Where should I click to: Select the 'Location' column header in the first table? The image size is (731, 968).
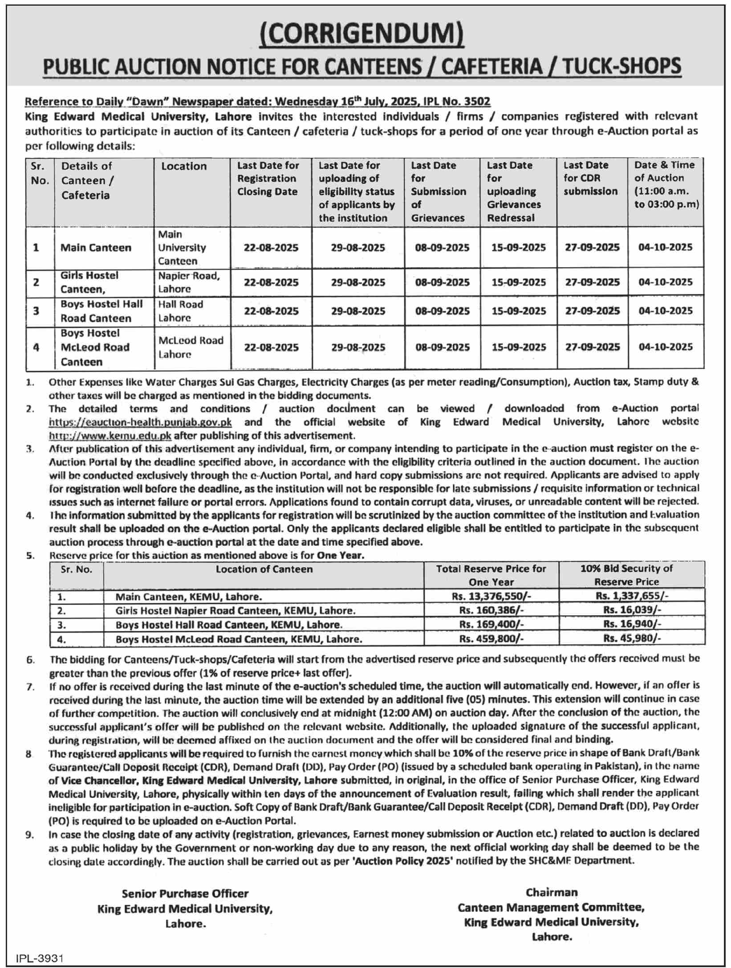pyautogui.click(x=184, y=166)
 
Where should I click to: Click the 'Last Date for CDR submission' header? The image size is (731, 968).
pyautogui.click(x=590, y=178)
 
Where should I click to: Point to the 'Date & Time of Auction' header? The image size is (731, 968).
pyautogui.click(x=666, y=184)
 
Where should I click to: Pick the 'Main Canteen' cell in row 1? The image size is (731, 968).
pyautogui.click(x=96, y=248)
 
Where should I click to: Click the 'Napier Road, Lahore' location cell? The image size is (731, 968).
pyautogui.click(x=189, y=282)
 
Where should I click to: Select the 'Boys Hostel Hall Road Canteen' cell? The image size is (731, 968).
pyautogui.click(x=102, y=311)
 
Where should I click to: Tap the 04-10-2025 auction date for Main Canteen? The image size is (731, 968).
pyautogui.click(x=666, y=248)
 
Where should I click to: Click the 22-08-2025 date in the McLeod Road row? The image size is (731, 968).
pyautogui.click(x=271, y=347)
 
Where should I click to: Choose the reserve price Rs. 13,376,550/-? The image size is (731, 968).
pyautogui.click(x=491, y=596)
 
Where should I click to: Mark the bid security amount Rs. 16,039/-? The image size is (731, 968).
pyautogui.click(x=632, y=610)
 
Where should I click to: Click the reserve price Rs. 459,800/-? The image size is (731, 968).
pyautogui.click(x=491, y=639)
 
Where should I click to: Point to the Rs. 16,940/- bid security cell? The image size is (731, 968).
pyautogui.click(x=632, y=624)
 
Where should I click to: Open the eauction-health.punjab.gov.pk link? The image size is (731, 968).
pyautogui.click(x=140, y=422)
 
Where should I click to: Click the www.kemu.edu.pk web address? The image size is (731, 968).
pyautogui.click(x=110, y=435)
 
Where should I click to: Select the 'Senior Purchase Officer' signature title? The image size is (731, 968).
pyautogui.click(x=185, y=893)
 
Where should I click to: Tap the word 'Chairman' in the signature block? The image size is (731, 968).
pyautogui.click(x=552, y=892)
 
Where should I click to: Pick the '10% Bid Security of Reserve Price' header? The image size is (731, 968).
pyautogui.click(x=626, y=575)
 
